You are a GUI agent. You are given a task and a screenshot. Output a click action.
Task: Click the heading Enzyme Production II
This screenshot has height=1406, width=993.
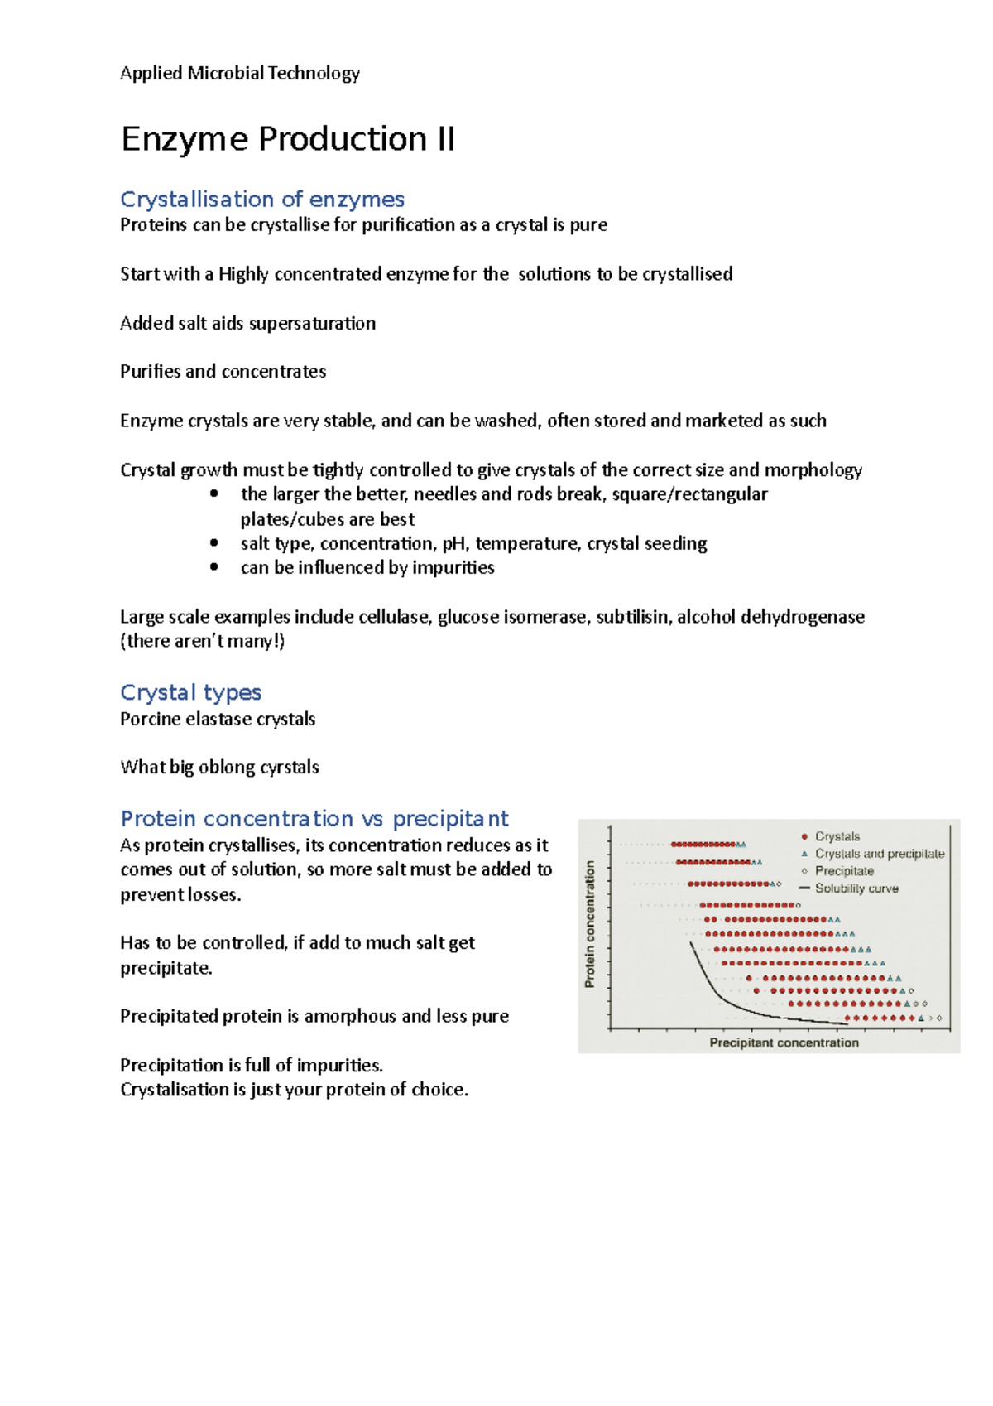pos(287,139)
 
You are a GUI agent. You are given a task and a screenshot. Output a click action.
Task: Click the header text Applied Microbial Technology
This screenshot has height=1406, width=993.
pos(240,73)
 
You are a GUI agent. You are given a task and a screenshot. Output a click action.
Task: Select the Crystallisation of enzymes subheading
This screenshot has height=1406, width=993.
pos(261,200)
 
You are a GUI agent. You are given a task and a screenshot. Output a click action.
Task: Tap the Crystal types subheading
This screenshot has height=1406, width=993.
pos(190,692)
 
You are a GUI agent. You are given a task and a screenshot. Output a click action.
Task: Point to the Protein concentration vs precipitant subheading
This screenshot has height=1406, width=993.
pos(314,819)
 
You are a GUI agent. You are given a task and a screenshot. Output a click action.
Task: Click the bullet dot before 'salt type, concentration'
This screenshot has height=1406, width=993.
pos(214,543)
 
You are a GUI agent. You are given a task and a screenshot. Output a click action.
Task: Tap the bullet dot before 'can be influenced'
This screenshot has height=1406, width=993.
pos(214,567)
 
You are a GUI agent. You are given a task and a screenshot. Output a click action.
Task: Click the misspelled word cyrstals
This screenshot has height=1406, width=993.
pos(289,768)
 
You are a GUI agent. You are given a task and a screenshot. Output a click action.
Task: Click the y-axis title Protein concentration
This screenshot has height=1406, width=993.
pos(590,923)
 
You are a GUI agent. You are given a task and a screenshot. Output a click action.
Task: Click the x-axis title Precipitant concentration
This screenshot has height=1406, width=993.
pos(784,1042)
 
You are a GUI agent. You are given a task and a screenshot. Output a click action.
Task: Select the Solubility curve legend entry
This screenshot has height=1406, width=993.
pos(856,888)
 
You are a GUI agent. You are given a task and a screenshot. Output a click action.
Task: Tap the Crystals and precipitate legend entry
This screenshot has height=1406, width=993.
pos(879,854)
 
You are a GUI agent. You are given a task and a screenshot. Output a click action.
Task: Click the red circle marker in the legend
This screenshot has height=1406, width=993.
pos(804,836)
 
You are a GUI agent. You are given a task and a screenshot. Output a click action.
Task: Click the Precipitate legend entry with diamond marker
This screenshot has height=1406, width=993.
pos(843,871)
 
